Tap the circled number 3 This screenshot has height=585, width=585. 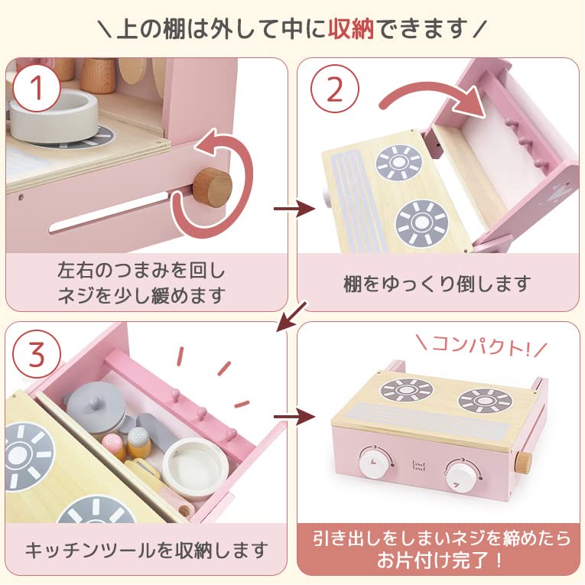coord(33,354)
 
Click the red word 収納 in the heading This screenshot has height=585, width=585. coord(352,28)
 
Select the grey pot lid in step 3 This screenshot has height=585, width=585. coord(96,401)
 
